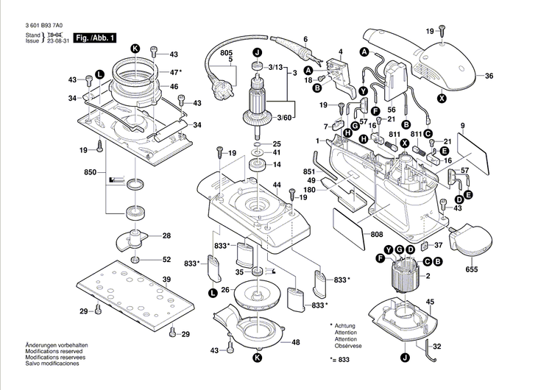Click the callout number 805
[x=226, y=52]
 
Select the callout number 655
[x=472, y=270]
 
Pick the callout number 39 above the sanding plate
[x=166, y=280]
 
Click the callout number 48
[x=295, y=342]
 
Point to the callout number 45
[x=430, y=302]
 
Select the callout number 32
[x=436, y=346]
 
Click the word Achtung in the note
[x=345, y=325]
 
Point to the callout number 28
[x=166, y=236]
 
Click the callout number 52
[x=166, y=259]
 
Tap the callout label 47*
[x=175, y=72]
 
